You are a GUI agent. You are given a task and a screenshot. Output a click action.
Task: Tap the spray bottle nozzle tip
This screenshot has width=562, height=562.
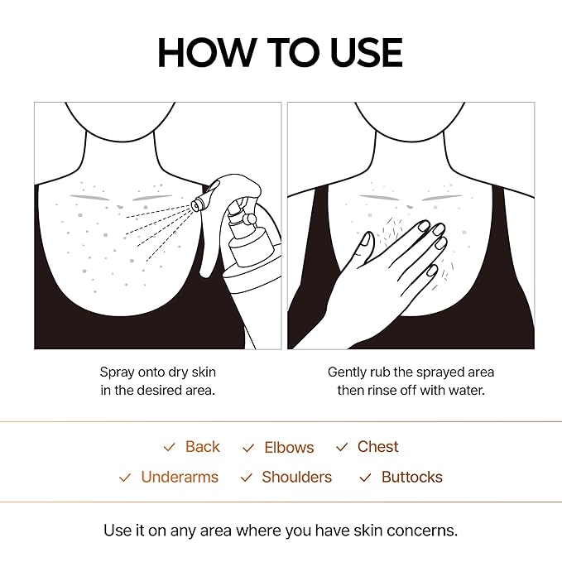coord(197,204)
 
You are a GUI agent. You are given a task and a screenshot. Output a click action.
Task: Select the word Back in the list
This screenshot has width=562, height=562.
coord(202,447)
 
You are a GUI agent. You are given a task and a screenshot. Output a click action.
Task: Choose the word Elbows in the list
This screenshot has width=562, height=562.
coord(289,448)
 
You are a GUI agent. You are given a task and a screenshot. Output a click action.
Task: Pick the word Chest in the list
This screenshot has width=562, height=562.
coord(377,447)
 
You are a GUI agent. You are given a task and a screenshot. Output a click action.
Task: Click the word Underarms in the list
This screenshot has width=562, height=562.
coord(180,478)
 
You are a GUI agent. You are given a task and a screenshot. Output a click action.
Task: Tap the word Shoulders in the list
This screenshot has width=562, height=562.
coord(296,478)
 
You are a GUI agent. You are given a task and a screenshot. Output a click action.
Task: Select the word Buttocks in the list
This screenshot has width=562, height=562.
coord(411,478)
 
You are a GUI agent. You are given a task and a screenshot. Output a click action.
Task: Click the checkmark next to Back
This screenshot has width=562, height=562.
coord(170,447)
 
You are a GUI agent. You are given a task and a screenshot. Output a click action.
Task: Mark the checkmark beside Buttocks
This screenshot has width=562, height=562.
coord(365,478)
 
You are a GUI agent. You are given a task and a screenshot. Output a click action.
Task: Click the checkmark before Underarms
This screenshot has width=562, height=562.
coord(125,478)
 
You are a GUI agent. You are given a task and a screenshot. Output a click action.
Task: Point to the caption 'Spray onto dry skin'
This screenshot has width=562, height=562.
coord(157,372)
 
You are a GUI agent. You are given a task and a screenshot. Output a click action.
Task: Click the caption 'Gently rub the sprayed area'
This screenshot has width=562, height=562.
coord(411,372)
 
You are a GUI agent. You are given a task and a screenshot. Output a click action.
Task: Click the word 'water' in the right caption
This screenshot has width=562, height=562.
coord(465,390)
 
